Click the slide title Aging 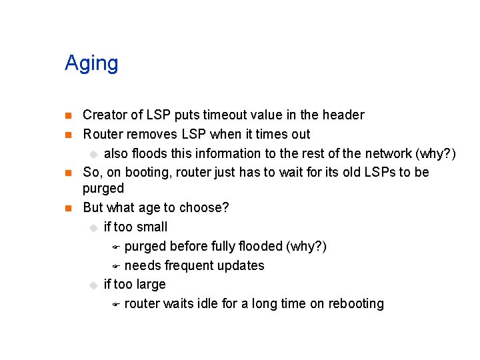pyautogui.click(x=91, y=64)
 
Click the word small pyautogui.click(x=152, y=227)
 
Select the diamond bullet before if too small pyautogui.click(x=93, y=228)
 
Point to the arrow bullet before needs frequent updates pyautogui.click(x=115, y=267)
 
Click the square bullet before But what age pyautogui.click(x=68, y=209)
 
